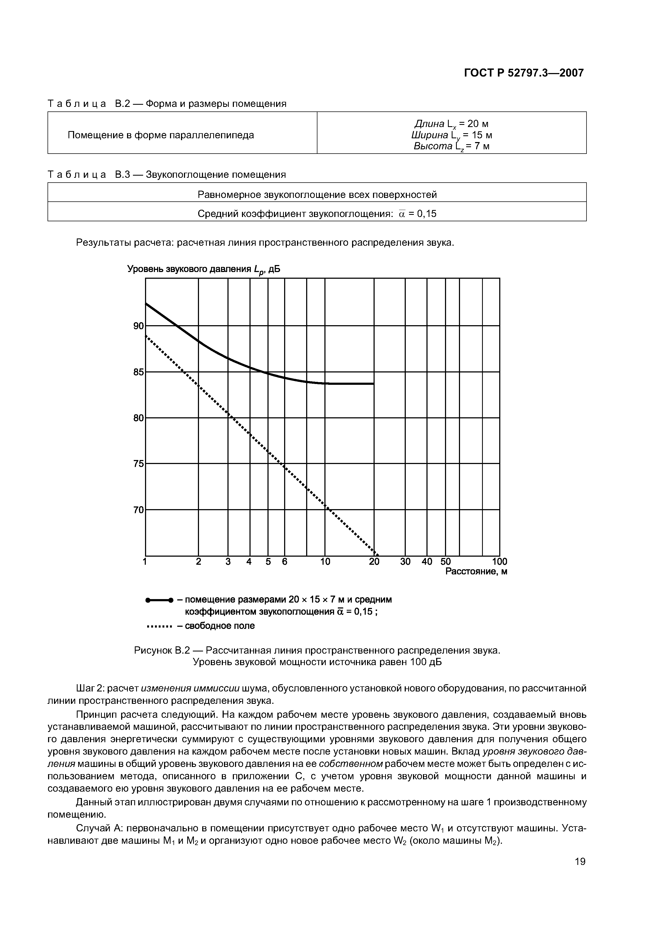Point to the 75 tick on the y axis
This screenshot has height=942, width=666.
click(x=139, y=463)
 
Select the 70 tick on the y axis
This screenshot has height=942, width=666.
click(x=139, y=510)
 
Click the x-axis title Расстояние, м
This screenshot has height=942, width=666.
click(x=476, y=571)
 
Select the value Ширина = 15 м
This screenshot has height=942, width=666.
click(x=451, y=135)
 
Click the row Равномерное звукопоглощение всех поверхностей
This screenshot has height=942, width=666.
click(x=317, y=194)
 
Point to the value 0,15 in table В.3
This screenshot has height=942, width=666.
click(x=426, y=214)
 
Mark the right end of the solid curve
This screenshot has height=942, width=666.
click(x=374, y=384)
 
